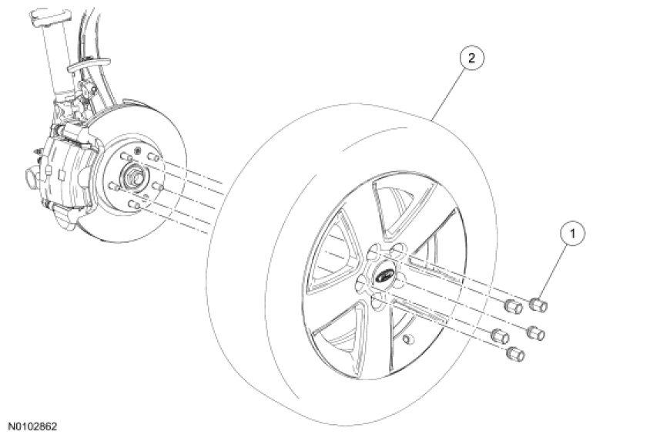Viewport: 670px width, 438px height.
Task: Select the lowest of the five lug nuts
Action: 515,354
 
